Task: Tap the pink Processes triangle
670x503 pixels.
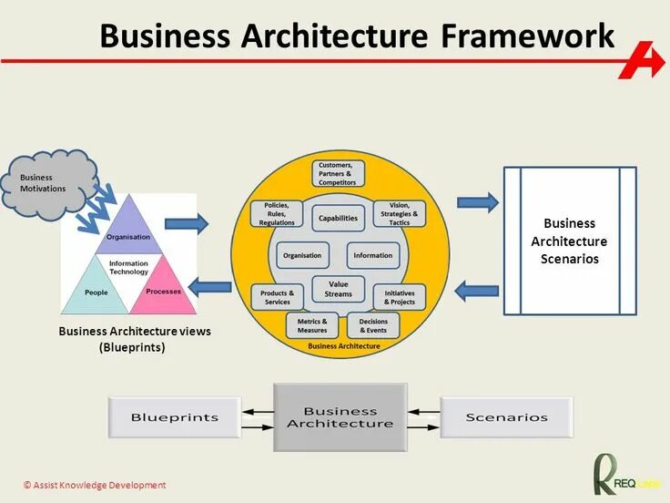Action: pyautogui.click(x=163, y=288)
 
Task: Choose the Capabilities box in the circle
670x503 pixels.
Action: pyautogui.click(x=338, y=219)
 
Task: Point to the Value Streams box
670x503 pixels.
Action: pyautogui.click(x=338, y=289)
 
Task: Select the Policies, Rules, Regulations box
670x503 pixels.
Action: pyautogui.click(x=277, y=215)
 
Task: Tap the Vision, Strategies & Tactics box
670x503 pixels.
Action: pyautogui.click(x=400, y=215)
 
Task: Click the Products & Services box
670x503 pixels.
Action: pyautogui.click(x=276, y=297)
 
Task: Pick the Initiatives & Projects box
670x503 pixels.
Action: pyautogui.click(x=400, y=297)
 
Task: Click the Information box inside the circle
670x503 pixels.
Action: pyautogui.click(x=373, y=255)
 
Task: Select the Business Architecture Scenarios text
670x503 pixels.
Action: pyautogui.click(x=569, y=241)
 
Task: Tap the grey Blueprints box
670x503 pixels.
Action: pyautogui.click(x=175, y=417)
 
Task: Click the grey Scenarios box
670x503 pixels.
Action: pyautogui.click(x=506, y=417)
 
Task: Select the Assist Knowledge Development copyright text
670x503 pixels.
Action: pyautogui.click(x=95, y=485)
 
